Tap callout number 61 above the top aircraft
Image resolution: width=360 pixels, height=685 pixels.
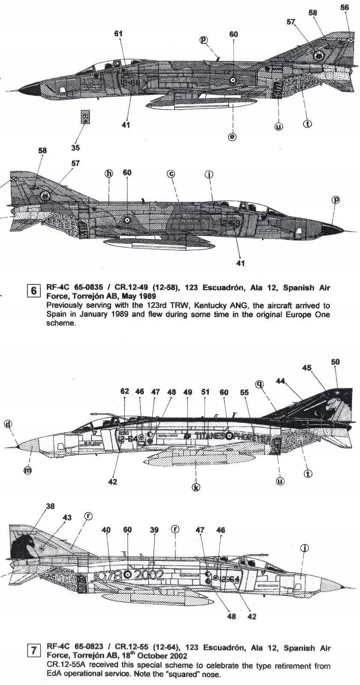[119, 34]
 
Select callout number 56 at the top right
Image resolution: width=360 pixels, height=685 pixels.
[345, 7]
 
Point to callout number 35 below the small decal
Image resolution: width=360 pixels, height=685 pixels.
[75, 148]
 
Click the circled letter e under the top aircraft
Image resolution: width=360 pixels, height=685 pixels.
[232, 137]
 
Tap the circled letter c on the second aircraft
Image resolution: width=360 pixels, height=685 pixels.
[171, 173]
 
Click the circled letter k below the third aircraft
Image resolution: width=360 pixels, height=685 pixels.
[196, 487]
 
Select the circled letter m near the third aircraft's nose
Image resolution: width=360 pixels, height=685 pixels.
[27, 470]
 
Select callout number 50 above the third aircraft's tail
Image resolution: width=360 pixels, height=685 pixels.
[335, 362]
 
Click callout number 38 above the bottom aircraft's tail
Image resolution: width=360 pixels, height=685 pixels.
[50, 506]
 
